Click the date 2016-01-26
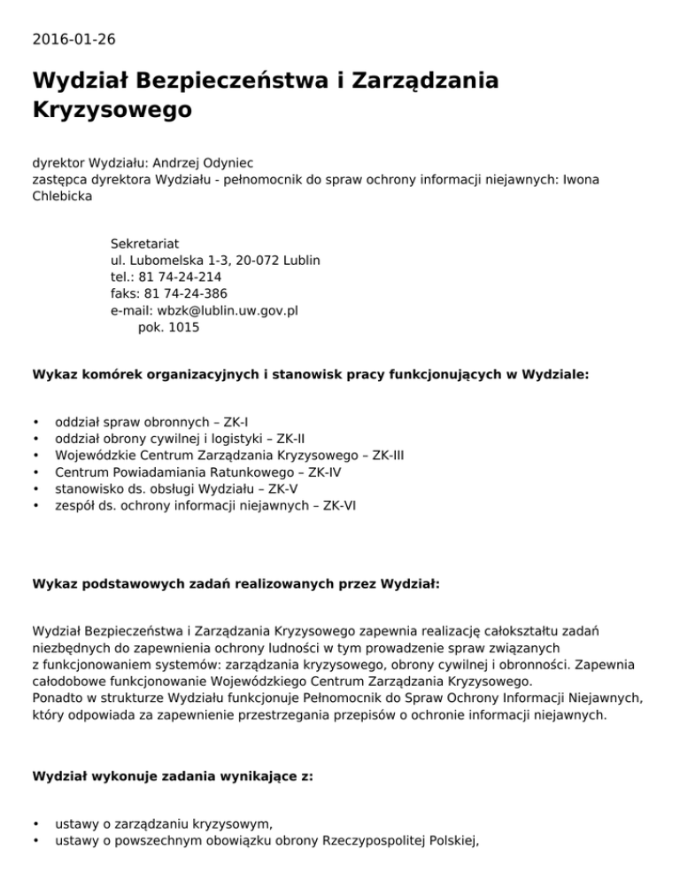(73, 39)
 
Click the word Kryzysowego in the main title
(112, 111)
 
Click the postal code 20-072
(251, 261)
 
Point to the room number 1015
(183, 328)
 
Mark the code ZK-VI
(341, 506)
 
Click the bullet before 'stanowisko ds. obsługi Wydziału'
(35, 489)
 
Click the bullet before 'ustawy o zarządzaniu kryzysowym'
(35, 824)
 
